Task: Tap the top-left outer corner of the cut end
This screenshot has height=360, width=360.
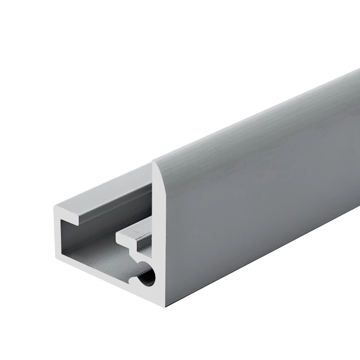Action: [55, 207]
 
